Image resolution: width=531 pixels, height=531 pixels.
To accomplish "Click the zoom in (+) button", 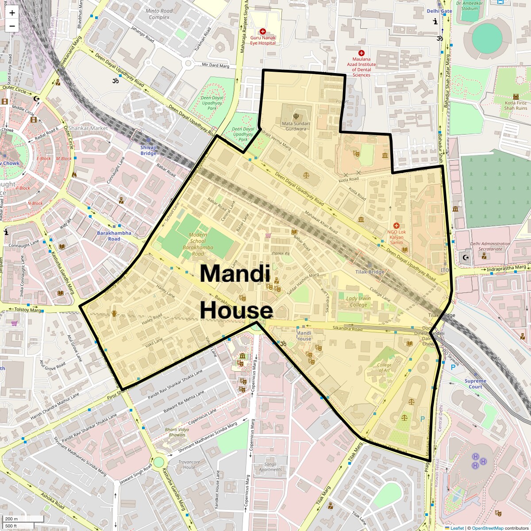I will (x=12, y=12).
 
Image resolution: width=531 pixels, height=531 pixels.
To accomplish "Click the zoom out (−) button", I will (x=12, y=26).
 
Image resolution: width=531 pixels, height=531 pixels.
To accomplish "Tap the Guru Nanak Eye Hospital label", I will (x=263, y=40).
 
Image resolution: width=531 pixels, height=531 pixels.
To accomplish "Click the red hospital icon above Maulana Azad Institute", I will (x=361, y=53).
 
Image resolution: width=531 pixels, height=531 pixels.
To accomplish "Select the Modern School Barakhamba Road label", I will (x=195, y=244).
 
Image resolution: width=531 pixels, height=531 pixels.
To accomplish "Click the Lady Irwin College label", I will (x=358, y=301).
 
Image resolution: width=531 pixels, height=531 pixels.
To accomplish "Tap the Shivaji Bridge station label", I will (x=149, y=150).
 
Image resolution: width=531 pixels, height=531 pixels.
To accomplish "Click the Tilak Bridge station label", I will (x=370, y=272).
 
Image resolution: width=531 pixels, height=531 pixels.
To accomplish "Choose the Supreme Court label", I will (x=475, y=384).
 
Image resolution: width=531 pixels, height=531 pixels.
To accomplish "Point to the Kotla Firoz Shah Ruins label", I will (x=516, y=105).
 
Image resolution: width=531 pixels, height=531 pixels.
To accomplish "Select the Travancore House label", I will (x=189, y=464).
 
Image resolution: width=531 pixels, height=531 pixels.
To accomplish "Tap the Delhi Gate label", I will (x=439, y=11).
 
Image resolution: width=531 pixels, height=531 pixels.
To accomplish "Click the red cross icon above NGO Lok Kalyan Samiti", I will (x=396, y=226).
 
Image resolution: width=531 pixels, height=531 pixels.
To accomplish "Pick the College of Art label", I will (x=384, y=367).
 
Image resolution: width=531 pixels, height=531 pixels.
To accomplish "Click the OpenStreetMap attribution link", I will (x=487, y=528).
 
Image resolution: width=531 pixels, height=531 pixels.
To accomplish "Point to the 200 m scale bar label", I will (x=12, y=519).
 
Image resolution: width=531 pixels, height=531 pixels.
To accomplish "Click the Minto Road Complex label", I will (x=159, y=14).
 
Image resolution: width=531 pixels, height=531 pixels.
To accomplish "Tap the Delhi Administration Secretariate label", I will (x=490, y=246).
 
